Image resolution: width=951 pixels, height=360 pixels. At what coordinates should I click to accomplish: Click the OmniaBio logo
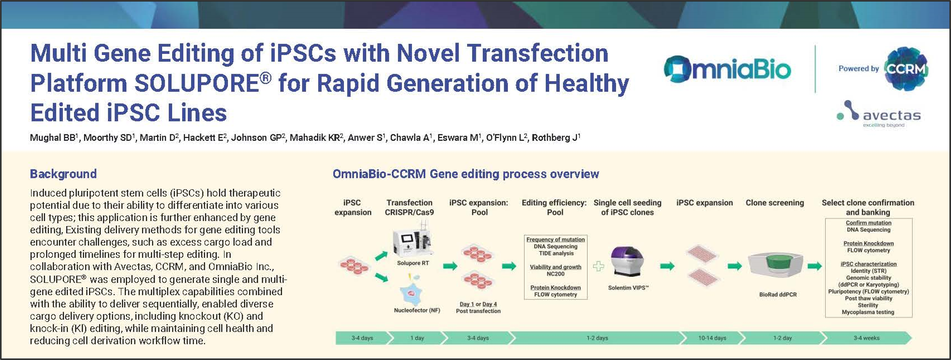[x=727, y=69]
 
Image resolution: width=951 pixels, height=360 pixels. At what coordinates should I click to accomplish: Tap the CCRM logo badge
[x=906, y=69]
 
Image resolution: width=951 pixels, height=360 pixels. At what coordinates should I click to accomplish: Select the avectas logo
[x=879, y=114]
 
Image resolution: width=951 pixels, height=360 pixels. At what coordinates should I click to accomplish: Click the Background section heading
[x=63, y=174]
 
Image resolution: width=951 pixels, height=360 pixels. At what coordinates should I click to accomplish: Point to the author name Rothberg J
[x=556, y=137]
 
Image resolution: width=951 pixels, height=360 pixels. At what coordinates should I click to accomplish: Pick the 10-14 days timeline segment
[x=712, y=338]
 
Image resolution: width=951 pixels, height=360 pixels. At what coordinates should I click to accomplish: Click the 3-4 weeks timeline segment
[x=866, y=338]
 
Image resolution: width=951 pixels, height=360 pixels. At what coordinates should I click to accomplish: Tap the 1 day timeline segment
[x=417, y=338]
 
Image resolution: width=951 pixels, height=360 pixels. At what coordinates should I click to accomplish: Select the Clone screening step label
[x=774, y=203]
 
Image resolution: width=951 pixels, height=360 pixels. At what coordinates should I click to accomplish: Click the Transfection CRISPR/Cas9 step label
[x=409, y=207]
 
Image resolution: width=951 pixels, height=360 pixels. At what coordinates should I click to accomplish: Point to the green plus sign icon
[x=598, y=266]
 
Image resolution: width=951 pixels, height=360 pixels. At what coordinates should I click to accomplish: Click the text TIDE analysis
[x=555, y=254]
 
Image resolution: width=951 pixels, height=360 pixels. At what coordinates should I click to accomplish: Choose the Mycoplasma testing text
[x=868, y=312]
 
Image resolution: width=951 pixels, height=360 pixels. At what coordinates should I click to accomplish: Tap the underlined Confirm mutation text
[x=868, y=223]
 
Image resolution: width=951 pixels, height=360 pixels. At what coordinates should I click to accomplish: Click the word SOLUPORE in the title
[x=196, y=83]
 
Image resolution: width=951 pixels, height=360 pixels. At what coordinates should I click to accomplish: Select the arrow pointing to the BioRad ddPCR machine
[x=735, y=266]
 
